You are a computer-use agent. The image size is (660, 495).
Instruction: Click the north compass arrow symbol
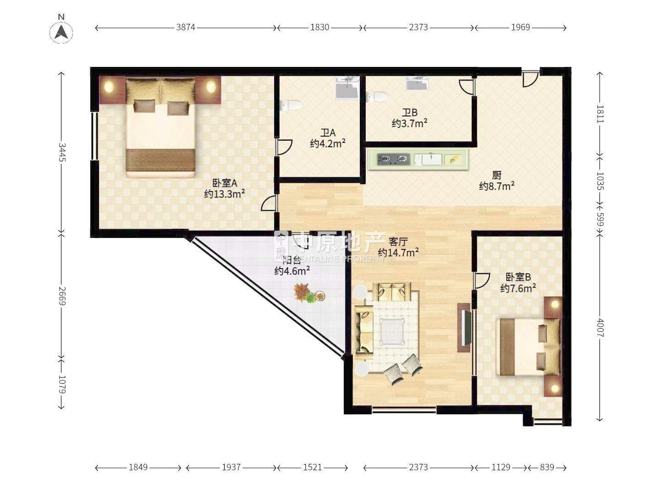click(x=61, y=32)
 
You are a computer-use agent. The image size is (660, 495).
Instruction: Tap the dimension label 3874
click(x=186, y=27)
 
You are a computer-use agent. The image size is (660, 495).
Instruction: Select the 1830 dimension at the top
click(x=319, y=27)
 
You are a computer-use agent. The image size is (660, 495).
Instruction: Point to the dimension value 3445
click(x=61, y=152)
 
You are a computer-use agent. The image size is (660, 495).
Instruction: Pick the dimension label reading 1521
click(x=313, y=467)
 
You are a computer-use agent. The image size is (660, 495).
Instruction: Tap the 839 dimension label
click(x=547, y=467)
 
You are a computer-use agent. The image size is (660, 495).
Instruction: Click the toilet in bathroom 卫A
click(x=291, y=105)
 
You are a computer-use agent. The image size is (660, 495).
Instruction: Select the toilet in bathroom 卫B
click(x=377, y=96)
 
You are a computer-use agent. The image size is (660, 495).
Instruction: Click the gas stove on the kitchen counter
click(x=394, y=159)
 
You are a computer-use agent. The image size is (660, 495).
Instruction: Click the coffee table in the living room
click(x=392, y=331)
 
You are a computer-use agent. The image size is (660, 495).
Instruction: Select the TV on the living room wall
click(x=464, y=327)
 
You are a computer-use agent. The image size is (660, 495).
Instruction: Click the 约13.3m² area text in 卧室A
click(x=224, y=194)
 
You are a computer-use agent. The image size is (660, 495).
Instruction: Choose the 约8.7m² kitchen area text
click(x=497, y=186)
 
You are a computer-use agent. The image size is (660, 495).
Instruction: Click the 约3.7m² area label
click(x=410, y=123)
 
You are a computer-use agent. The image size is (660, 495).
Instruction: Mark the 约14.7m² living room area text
click(x=398, y=253)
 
